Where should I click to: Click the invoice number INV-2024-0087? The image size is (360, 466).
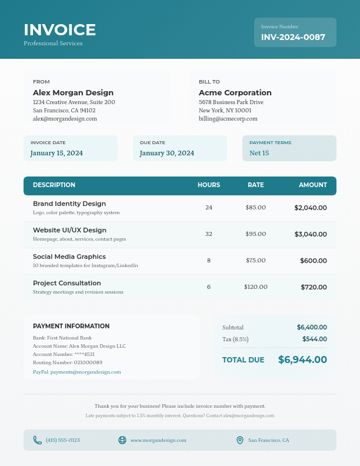tap(293, 37)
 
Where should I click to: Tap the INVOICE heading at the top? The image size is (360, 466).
tap(59, 29)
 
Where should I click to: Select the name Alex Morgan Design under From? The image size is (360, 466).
tap(73, 92)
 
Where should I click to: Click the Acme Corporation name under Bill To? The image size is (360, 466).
tap(235, 92)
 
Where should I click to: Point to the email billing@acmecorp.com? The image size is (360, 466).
tap(228, 118)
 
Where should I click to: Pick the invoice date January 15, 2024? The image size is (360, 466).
tap(56, 153)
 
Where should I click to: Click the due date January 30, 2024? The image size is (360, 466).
tap(166, 153)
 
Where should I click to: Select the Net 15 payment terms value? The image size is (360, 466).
tap(259, 153)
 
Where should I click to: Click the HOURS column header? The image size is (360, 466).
tap(209, 185)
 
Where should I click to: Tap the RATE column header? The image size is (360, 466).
tap(256, 185)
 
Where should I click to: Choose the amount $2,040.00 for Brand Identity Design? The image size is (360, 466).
tap(311, 208)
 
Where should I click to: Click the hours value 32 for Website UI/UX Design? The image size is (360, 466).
tap(209, 234)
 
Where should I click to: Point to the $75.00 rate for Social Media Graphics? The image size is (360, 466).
tap(256, 261)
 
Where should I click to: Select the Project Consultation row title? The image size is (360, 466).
tap(66, 283)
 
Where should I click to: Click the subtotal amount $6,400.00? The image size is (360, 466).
tap(312, 327)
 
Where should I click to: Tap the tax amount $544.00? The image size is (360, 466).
tap(315, 339)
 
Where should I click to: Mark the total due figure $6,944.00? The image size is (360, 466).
tap(302, 360)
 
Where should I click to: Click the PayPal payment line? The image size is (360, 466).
tap(76, 372)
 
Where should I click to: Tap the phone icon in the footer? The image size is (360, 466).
tap(38, 440)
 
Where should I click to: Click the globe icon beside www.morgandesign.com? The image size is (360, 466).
tap(122, 440)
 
